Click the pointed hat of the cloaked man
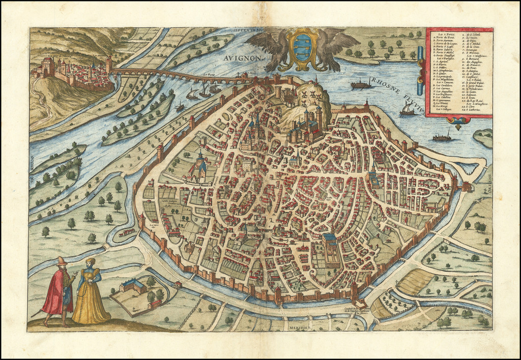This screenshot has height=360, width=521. click(x=62, y=261)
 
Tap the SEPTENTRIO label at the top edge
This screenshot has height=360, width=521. click(x=246, y=32)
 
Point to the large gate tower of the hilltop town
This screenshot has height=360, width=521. click(x=49, y=67)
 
